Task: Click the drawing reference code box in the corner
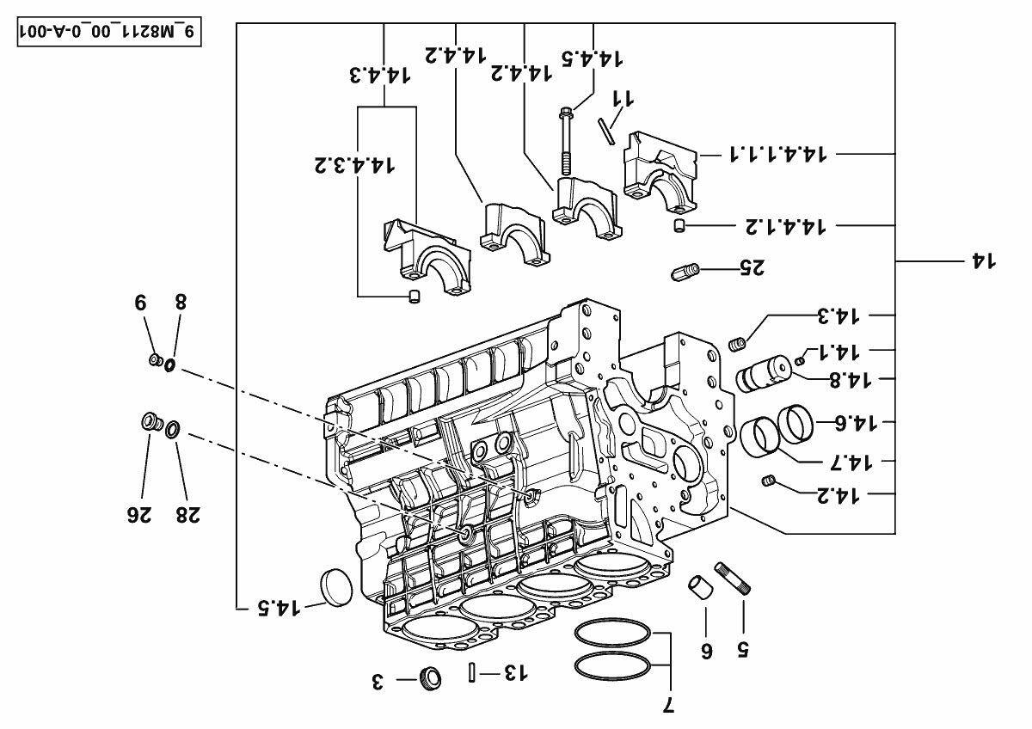(109, 32)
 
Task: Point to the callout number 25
(751, 268)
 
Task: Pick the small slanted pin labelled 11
(607, 132)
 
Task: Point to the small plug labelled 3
(430, 677)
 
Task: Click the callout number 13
(513, 672)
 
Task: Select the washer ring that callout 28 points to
(172, 428)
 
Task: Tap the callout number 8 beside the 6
(180, 302)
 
